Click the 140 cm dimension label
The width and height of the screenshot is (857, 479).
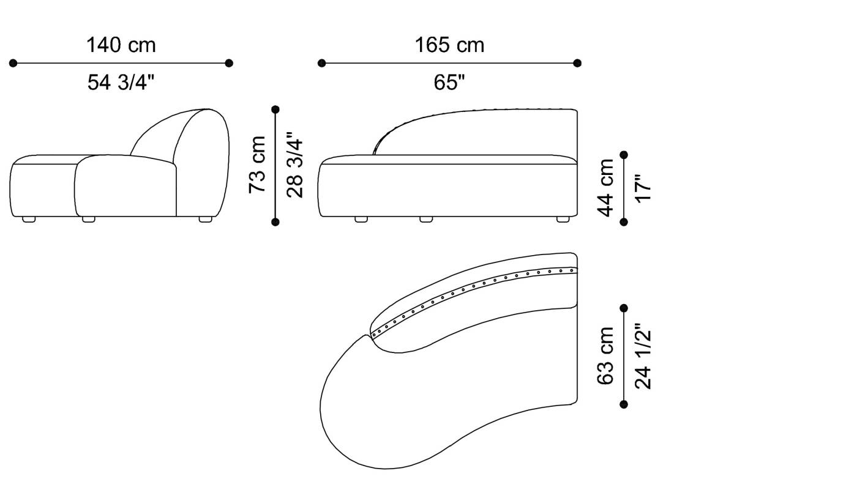point(121,45)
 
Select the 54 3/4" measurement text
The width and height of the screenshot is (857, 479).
point(121,82)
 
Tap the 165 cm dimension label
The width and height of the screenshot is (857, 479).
point(449,45)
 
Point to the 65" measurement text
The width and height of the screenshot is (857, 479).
point(449,82)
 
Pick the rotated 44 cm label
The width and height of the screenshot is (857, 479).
point(605,187)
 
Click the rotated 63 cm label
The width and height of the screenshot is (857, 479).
point(605,356)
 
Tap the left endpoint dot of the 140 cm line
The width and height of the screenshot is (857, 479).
point(13,63)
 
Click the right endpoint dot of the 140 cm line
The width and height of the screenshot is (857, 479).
point(229,63)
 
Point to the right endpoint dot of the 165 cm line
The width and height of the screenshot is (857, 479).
point(577,63)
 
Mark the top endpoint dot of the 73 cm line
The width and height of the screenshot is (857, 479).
point(275,110)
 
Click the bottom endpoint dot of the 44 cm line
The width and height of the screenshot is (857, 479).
point(624,222)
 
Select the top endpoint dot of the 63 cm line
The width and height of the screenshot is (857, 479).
point(624,308)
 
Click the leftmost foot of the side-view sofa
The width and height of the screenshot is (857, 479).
point(29,219)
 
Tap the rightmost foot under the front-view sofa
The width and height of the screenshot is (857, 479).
point(562,219)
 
